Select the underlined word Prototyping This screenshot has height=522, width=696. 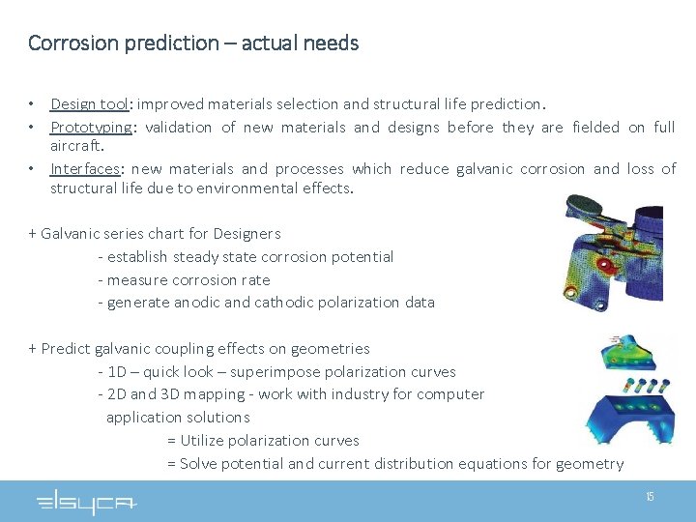point(91,127)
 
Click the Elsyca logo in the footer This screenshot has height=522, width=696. point(87,502)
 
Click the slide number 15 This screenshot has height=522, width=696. point(650,497)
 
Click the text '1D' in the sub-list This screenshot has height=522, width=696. point(118,371)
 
